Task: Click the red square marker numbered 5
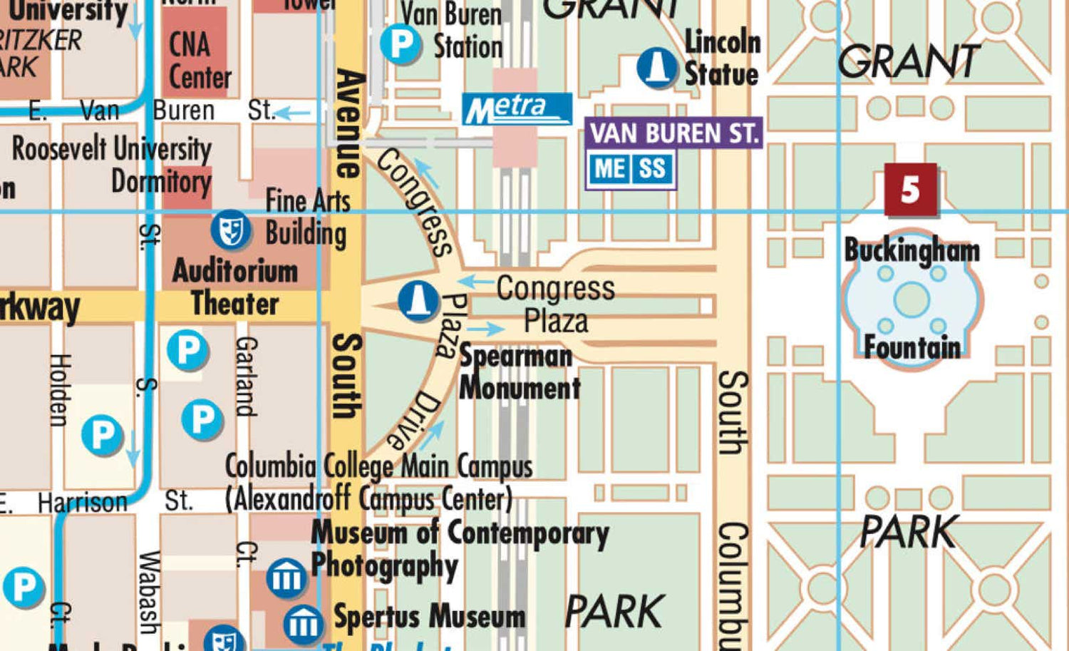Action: pyautogui.click(x=910, y=189)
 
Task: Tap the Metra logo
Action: pyautogui.click(x=517, y=109)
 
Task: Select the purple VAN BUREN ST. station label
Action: pyautogui.click(x=673, y=133)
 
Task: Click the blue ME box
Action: pyautogui.click(x=610, y=170)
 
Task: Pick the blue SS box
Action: pyautogui.click(x=652, y=170)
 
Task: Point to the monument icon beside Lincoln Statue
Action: pyautogui.click(x=656, y=68)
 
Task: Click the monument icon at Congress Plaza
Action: pyautogui.click(x=418, y=299)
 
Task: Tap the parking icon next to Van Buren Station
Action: pyautogui.click(x=401, y=44)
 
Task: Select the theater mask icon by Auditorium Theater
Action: pyautogui.click(x=230, y=230)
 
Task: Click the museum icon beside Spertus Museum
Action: pyautogui.click(x=304, y=624)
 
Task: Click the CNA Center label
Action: pyautogui.click(x=199, y=61)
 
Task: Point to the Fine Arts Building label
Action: pyautogui.click(x=306, y=217)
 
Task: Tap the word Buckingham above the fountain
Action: pyautogui.click(x=912, y=250)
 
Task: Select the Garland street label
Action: pyautogui.click(x=245, y=376)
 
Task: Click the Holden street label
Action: pyautogui.click(x=59, y=390)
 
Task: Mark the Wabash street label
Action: pyautogui.click(x=149, y=592)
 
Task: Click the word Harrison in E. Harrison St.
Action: pyautogui.click(x=82, y=503)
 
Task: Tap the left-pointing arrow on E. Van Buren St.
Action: pyautogui.click(x=293, y=113)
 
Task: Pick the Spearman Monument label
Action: pyautogui.click(x=518, y=373)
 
